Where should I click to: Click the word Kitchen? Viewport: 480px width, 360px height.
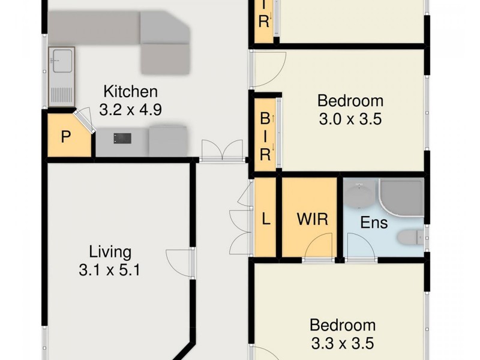pos(130,92)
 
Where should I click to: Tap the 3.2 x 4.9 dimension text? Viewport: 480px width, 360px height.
pos(130,110)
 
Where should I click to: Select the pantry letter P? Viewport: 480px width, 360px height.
pos(66,136)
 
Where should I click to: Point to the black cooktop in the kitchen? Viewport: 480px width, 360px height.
pos(122,138)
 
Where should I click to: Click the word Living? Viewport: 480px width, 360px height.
pos(110,251)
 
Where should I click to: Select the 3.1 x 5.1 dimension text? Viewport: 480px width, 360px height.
pos(109,270)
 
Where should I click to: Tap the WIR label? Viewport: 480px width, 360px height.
pos(313,219)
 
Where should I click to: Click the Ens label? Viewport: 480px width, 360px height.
pos(373,223)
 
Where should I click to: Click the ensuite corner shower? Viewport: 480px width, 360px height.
pos(402,198)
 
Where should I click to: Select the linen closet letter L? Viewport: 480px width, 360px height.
pos(266,219)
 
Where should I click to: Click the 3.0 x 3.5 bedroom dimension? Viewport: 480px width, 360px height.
pos(350,119)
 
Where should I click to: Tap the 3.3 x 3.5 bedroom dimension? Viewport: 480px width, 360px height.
pos(342,343)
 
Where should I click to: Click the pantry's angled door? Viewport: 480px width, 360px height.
pos(83,120)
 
